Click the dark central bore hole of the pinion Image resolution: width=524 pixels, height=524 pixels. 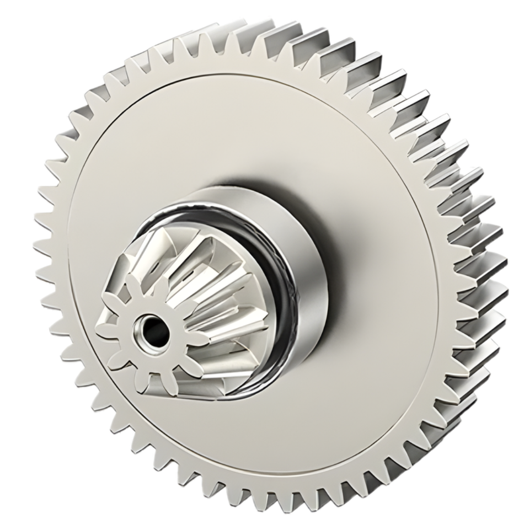[154, 330]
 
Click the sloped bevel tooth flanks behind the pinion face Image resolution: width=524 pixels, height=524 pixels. [210, 292]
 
